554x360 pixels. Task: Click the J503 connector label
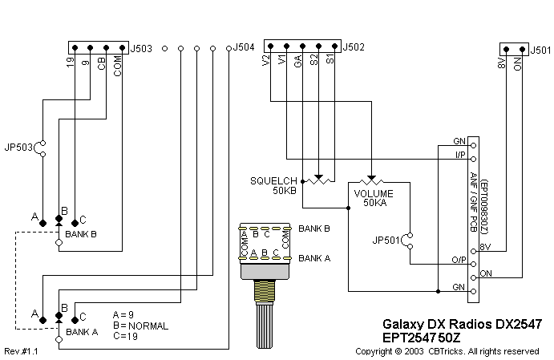click(x=142, y=47)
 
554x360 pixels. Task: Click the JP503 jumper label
click(x=18, y=147)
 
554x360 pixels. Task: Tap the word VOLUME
click(x=374, y=193)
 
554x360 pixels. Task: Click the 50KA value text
click(x=374, y=203)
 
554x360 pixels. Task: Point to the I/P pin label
click(x=459, y=154)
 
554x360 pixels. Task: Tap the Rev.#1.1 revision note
click(x=22, y=352)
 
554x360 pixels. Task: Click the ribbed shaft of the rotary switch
click(x=262, y=325)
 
